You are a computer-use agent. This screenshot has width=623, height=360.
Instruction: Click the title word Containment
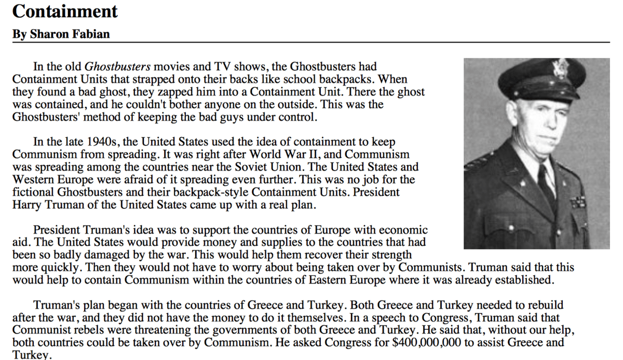click(65, 11)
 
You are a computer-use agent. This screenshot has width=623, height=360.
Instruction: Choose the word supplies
click(229, 242)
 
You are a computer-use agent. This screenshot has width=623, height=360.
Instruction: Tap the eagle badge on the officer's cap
click(560, 69)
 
